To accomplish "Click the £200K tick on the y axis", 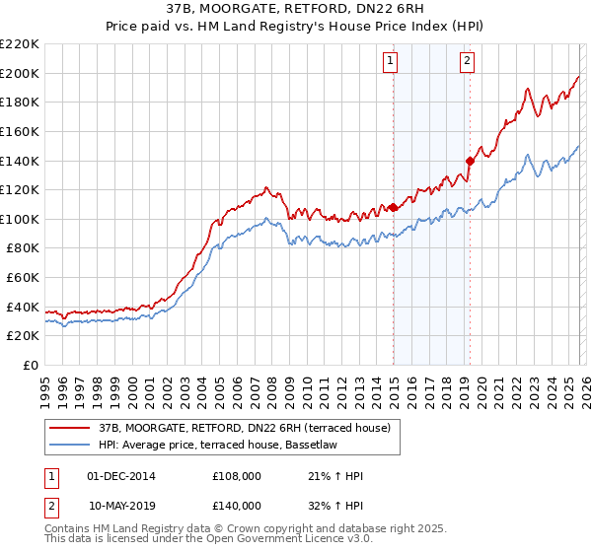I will tap(20, 73).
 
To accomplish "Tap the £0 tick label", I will tap(31, 366).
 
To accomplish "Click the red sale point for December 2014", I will tap(393, 207).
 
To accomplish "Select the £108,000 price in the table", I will tap(237, 476).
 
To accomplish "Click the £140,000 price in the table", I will tap(237, 505).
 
